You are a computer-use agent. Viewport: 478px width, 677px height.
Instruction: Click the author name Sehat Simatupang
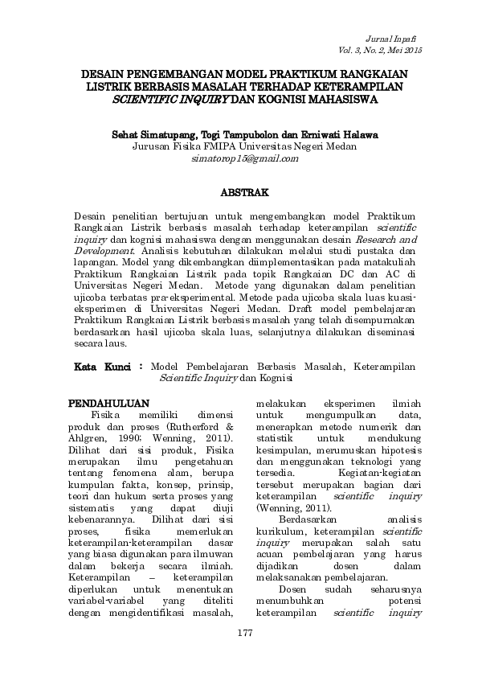click(157, 133)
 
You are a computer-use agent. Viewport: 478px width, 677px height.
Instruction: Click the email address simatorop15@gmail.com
click(245, 158)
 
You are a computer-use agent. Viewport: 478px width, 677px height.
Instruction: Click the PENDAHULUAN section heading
click(108, 402)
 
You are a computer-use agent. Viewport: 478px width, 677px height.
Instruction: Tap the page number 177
click(245, 635)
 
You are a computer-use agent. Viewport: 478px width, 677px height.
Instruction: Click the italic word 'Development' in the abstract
click(100, 250)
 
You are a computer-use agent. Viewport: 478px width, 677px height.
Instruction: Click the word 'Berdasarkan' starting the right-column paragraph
click(304, 518)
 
